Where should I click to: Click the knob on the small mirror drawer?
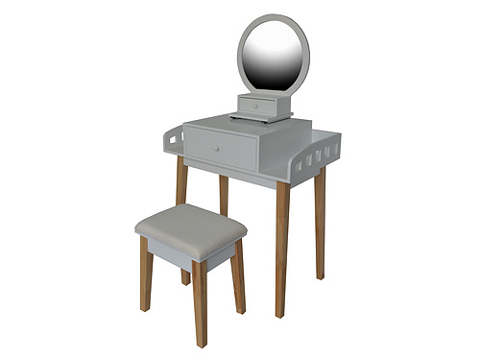(x=256, y=106)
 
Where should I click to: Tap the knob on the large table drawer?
(x=217, y=149)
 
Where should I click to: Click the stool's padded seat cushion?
(x=190, y=227)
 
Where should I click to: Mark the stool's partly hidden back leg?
(x=185, y=276)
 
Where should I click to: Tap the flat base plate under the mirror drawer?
(x=261, y=119)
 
